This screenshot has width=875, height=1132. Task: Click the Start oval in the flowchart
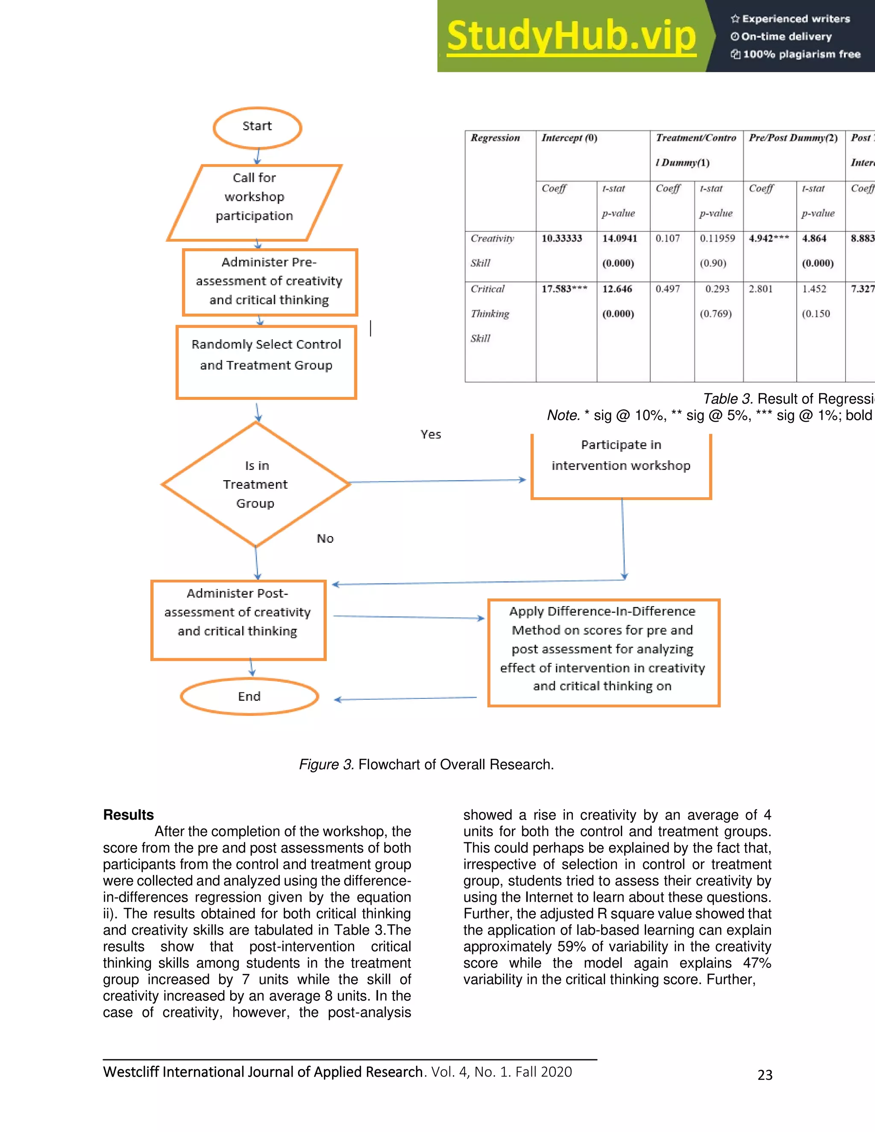pyautogui.click(x=257, y=127)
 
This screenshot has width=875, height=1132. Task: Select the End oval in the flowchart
pyautogui.click(x=250, y=696)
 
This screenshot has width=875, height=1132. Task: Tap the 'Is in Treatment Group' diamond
pyautogui.click(x=255, y=484)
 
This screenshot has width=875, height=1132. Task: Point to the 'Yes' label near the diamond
pyautogui.click(x=431, y=434)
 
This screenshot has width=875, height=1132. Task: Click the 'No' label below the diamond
pyautogui.click(x=325, y=539)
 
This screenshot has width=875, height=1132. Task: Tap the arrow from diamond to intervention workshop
pyautogui.click(x=438, y=481)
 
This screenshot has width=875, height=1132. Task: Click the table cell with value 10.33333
pyautogui.click(x=562, y=238)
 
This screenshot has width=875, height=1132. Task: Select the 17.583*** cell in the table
pyautogui.click(x=564, y=289)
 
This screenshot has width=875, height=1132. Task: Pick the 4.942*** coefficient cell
pyautogui.click(x=769, y=238)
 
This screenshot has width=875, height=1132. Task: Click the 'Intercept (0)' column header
pyautogui.click(x=569, y=138)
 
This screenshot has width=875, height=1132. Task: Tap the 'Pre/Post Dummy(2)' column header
pyautogui.click(x=793, y=138)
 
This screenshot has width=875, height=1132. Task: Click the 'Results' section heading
pyautogui.click(x=129, y=815)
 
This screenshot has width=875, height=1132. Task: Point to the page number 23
pyautogui.click(x=765, y=1075)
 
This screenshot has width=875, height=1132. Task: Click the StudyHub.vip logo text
pyautogui.click(x=571, y=36)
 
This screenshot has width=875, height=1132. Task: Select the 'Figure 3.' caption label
pyautogui.click(x=326, y=765)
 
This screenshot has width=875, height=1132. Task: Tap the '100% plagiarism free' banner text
pyautogui.click(x=801, y=54)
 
